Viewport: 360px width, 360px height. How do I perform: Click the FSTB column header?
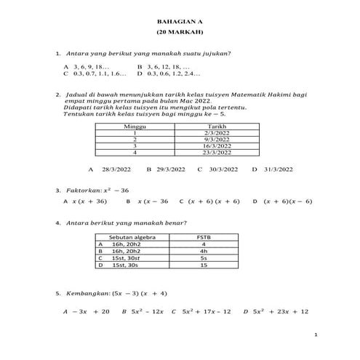pyautogui.click(x=204, y=238)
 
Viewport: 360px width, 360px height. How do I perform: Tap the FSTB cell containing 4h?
pyautogui.click(x=204, y=252)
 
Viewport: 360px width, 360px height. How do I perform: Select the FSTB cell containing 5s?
pyautogui.click(x=204, y=258)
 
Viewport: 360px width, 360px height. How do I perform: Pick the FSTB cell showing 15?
pyautogui.click(x=204, y=265)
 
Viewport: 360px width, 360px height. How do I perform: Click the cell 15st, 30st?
pyautogui.click(x=127, y=258)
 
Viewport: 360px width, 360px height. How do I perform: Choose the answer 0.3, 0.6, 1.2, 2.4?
pyautogui.click(x=175, y=73)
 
